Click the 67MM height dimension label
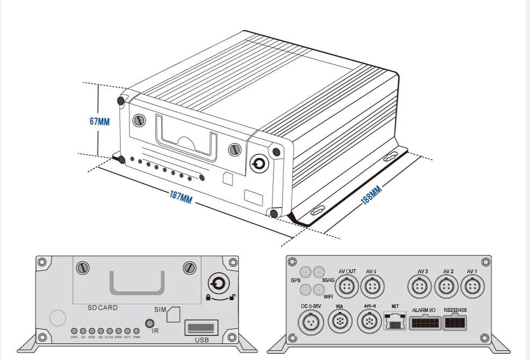tap(100, 122)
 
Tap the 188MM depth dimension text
tap(372, 196)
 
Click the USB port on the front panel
tap(201, 327)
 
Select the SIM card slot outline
tap(173, 315)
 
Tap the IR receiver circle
tap(152, 324)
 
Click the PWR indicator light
tap(136, 331)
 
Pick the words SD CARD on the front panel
tap(102, 308)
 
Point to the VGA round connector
tap(339, 323)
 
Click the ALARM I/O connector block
tap(425, 323)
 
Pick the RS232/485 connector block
tap(455, 322)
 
